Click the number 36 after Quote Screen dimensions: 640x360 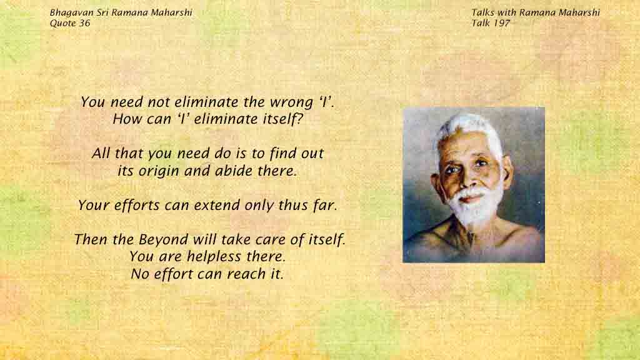pyautogui.click(x=84, y=23)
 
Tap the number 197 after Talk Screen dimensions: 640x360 pyautogui.click(x=501, y=23)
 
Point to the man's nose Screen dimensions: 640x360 pyautogui.click(x=469, y=179)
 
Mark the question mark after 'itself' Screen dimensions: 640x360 pyautogui.click(x=300, y=119)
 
